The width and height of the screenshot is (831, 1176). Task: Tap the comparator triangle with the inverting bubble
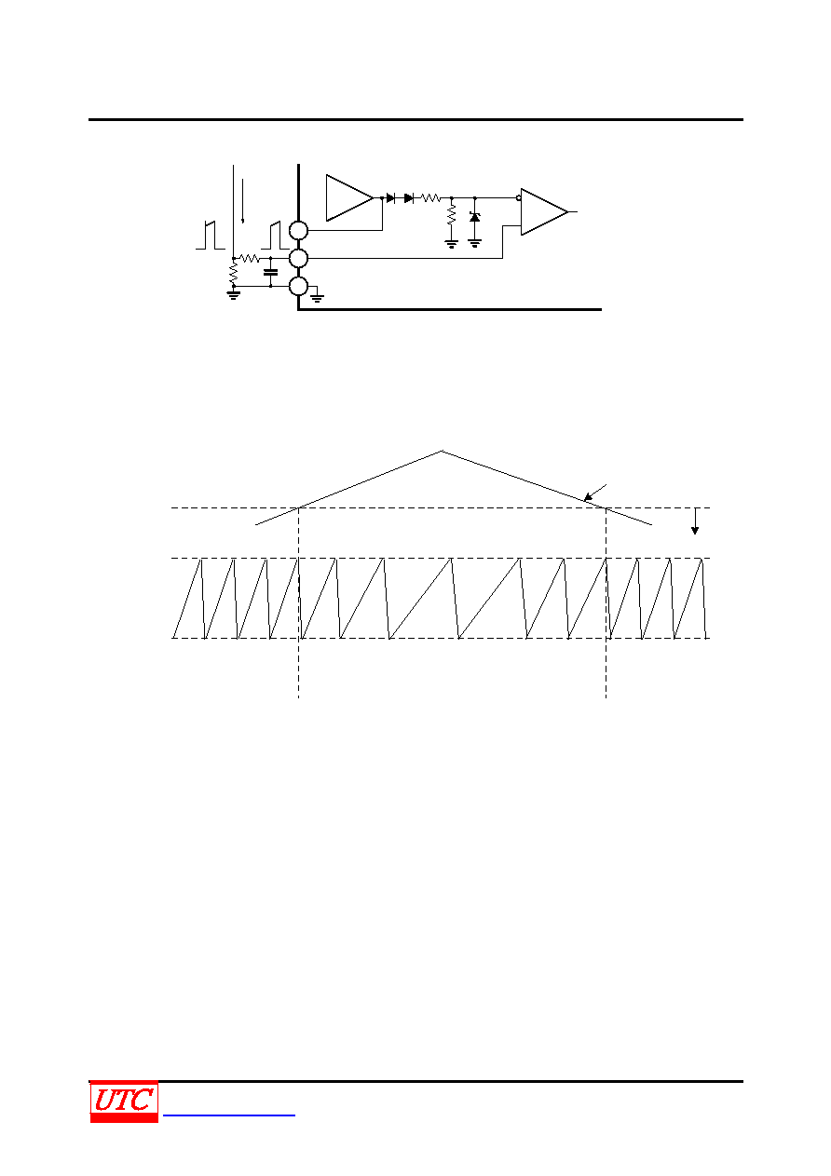tap(544, 212)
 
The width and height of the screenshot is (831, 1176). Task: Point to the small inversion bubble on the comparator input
tap(519, 198)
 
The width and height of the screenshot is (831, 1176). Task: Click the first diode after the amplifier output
tap(390, 198)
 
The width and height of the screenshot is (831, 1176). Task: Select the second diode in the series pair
tap(409, 198)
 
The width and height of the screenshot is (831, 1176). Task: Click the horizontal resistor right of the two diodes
tap(430, 198)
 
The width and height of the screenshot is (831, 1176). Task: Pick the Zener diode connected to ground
tap(475, 217)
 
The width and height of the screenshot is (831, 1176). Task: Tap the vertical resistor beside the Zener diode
tap(451, 215)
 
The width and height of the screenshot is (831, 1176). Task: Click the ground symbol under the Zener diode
tap(475, 243)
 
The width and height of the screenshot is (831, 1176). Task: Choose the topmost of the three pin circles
tap(298, 230)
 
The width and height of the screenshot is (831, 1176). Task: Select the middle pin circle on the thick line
tap(298, 258)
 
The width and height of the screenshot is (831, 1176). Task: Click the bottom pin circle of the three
tap(298, 287)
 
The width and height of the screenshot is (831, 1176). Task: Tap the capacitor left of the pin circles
tap(270, 272)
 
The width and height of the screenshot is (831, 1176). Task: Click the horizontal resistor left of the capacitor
tap(249, 258)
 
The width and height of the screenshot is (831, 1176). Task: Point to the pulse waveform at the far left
tap(211, 236)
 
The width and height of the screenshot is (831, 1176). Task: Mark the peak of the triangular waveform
tap(442, 451)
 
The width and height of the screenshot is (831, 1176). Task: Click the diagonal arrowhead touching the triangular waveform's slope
tap(588, 497)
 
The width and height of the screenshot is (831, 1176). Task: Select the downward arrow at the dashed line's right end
tap(695, 520)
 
